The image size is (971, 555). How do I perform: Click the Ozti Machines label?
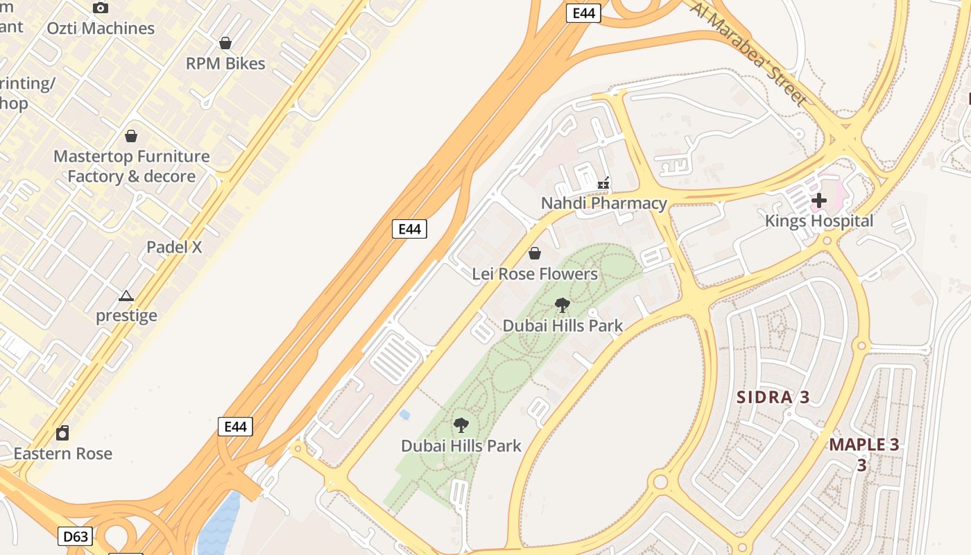(x=101, y=28)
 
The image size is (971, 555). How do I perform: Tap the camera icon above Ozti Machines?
(x=101, y=8)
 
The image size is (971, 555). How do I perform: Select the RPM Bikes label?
(x=225, y=64)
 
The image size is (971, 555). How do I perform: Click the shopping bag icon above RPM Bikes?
(x=225, y=44)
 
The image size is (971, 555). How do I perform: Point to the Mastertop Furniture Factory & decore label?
(x=132, y=166)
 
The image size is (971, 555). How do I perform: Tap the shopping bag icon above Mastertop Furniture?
(x=131, y=136)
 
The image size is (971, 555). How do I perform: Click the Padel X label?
(x=174, y=247)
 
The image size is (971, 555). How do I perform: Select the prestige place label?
(x=126, y=316)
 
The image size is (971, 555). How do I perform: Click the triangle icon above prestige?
(x=126, y=296)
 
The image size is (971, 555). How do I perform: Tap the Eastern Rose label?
(x=63, y=454)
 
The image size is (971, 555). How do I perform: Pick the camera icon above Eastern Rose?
(x=62, y=434)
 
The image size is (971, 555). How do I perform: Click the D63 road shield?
(x=75, y=536)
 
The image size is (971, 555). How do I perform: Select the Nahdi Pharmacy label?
(x=603, y=203)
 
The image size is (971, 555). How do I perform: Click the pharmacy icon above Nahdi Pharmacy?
(x=604, y=184)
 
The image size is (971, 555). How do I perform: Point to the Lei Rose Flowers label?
(x=535, y=274)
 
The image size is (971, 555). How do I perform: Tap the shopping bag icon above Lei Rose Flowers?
(x=535, y=254)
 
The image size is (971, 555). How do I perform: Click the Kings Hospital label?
(x=819, y=221)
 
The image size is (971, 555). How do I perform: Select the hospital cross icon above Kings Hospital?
(x=819, y=201)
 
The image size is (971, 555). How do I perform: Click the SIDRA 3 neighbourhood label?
(x=773, y=398)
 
